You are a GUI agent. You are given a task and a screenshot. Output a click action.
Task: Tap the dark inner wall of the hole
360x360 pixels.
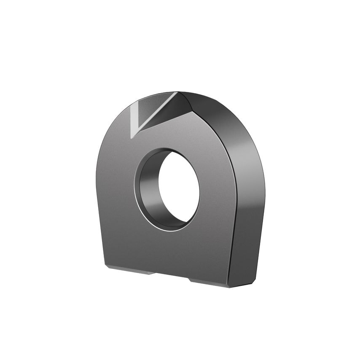[x=148, y=190]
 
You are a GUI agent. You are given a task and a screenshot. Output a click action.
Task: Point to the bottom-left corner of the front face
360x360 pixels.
[x=105, y=266]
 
